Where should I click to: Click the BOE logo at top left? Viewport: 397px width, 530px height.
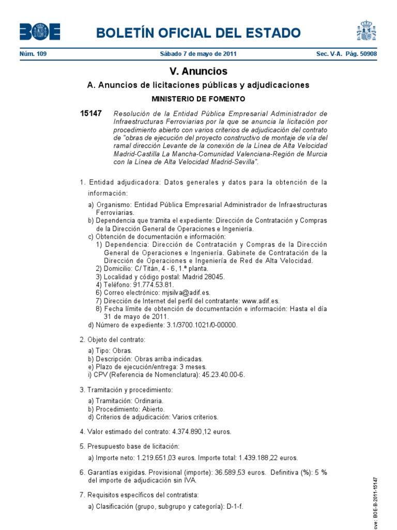[40, 32]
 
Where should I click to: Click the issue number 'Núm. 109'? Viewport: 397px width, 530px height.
[33, 54]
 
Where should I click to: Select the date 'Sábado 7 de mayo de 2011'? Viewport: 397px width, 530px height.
[198, 54]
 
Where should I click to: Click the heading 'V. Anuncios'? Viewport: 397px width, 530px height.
[198, 71]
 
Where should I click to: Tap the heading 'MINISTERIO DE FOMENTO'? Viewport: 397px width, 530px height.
[198, 98]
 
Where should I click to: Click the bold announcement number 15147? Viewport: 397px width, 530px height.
[91, 113]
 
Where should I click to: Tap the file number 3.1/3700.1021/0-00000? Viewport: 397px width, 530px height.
[195, 325]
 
